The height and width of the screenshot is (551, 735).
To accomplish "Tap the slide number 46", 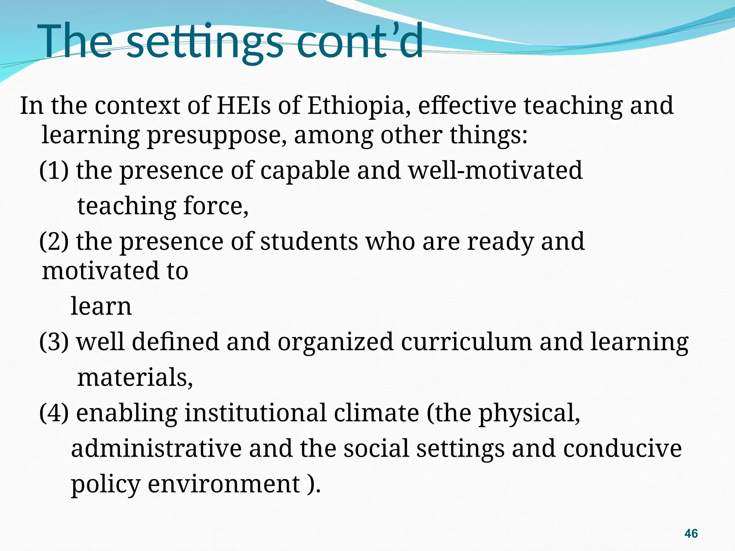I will pos(691,533).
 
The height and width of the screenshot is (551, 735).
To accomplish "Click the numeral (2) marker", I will pos(54,241).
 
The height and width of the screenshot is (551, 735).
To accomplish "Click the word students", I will pos(309,241).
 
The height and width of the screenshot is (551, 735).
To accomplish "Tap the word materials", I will pos(135,377).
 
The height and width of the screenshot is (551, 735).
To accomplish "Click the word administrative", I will pos(156,448).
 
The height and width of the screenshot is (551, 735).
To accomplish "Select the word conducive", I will pos(622,448).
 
